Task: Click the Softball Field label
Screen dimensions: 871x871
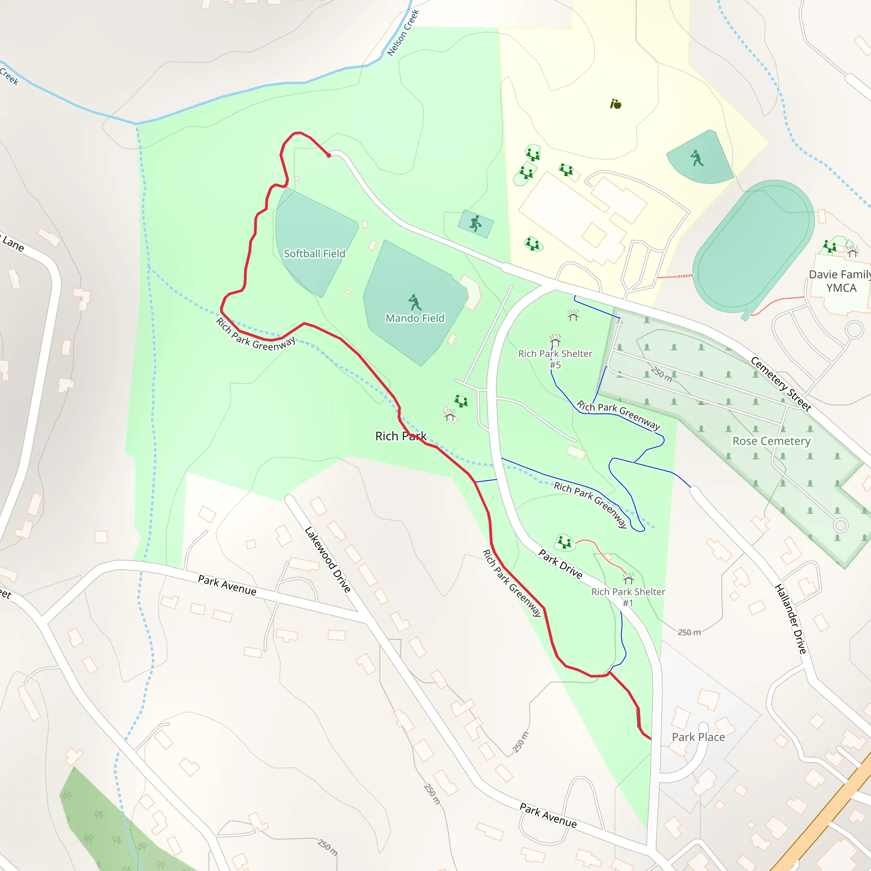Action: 314,254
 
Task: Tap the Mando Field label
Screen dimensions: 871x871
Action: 415,318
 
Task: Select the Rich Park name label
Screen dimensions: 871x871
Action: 401,436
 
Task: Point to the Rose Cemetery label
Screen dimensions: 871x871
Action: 771,441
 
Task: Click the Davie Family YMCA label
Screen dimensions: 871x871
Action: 840,281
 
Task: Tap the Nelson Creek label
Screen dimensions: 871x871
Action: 403,33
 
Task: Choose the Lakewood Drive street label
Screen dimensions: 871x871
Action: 328,560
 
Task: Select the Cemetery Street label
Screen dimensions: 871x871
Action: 781,384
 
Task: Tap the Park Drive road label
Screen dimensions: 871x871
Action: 561,564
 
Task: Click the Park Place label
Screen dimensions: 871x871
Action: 698,737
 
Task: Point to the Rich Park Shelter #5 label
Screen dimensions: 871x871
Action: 555,359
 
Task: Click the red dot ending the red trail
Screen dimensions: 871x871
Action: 329,156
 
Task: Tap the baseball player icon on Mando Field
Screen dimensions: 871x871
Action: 414,302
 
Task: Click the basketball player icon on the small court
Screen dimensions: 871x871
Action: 475,223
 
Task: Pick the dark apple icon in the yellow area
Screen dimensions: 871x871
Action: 615,104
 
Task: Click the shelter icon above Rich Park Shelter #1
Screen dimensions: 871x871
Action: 628,578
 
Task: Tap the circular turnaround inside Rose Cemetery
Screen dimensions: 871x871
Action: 840,525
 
